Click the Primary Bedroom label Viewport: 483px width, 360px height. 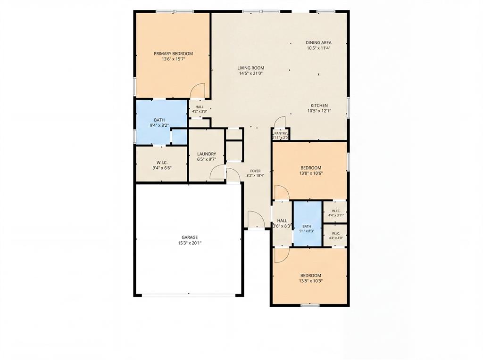coord(173,54)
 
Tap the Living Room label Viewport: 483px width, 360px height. coord(251,68)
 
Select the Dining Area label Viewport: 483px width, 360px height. coord(318,43)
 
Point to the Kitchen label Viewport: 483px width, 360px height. coord(319,106)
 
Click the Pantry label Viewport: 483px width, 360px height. coord(281,133)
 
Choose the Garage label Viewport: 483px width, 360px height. coord(190,237)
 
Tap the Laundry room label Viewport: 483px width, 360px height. coord(207,154)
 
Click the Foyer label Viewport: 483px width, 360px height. coord(255,171)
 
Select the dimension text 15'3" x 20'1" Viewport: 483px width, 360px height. coord(190,243)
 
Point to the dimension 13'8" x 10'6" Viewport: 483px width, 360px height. coord(311,173)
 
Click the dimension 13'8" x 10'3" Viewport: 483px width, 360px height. coord(311,281)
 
